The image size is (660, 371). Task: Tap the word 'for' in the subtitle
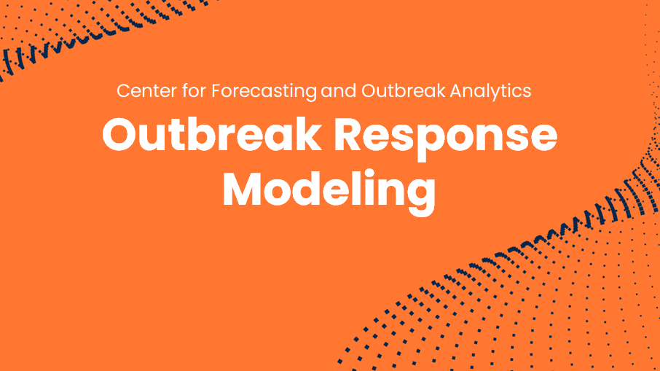coord(194,90)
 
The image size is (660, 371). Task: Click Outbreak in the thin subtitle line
coord(404,91)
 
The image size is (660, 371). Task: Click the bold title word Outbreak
coord(212,134)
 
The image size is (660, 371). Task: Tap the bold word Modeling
coord(329,192)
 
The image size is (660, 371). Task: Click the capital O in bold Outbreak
coord(121,135)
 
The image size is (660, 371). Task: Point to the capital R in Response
coord(350,135)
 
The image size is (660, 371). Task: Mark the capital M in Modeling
coord(243,188)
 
